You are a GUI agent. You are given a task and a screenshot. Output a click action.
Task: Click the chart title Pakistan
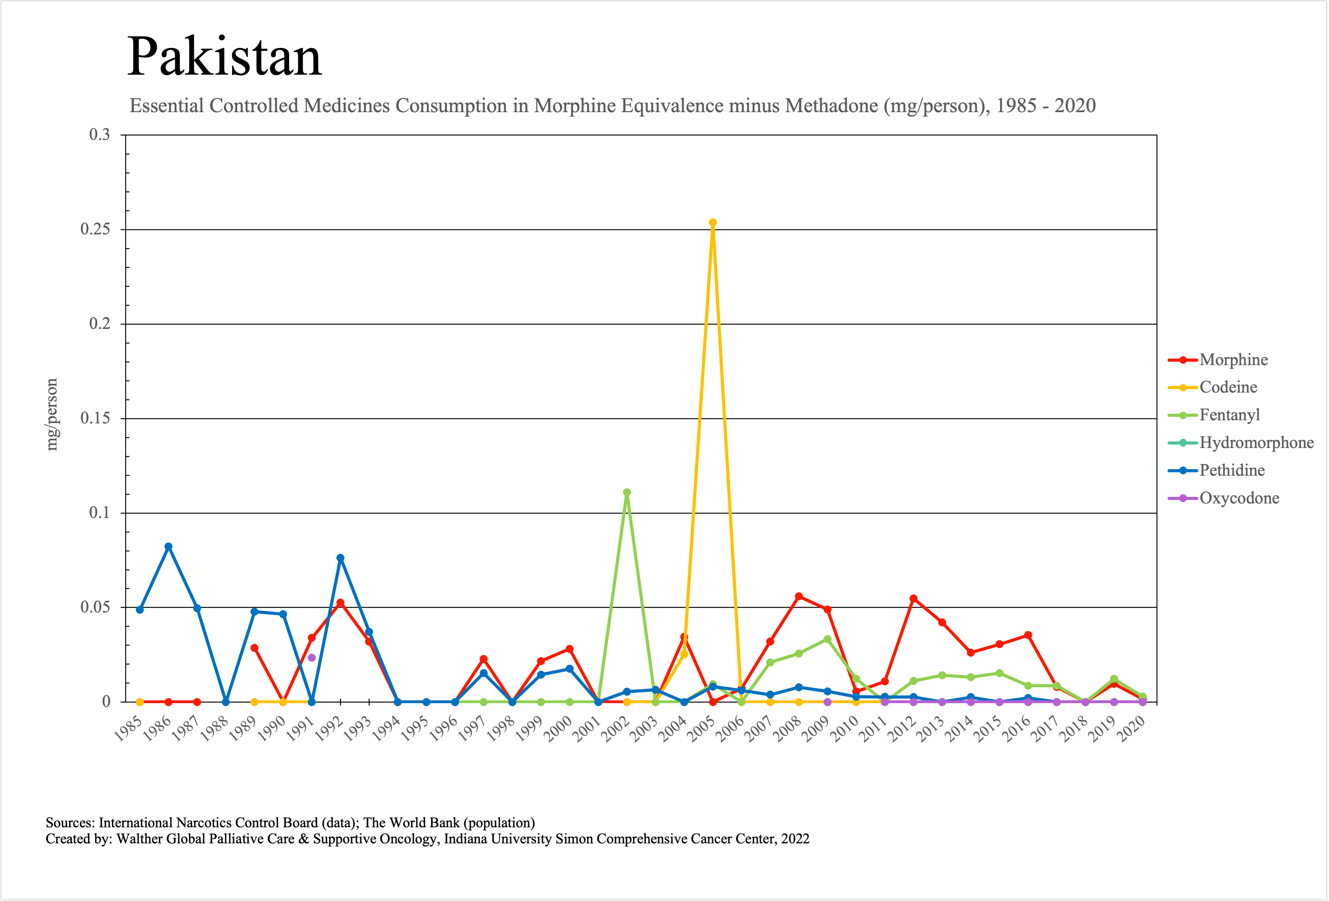point(224,57)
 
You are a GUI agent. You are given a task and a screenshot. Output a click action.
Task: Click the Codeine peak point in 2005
point(713,222)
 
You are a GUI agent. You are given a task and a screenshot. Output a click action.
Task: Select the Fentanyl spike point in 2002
point(627,492)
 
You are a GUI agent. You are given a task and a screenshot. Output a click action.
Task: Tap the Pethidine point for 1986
point(168,547)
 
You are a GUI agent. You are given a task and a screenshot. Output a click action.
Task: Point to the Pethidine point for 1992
point(340,558)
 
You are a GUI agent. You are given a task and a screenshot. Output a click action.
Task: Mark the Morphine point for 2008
point(799,596)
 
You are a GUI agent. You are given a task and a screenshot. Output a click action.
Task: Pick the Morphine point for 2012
point(913,598)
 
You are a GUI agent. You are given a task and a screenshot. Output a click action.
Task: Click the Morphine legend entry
point(1233,360)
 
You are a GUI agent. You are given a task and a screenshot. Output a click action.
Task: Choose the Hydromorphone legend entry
point(1256,443)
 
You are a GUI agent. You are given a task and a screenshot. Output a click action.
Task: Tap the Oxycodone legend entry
point(1239,498)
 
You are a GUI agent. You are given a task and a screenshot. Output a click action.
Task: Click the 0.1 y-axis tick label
point(99,513)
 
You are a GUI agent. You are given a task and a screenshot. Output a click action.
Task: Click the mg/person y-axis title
point(52,415)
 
